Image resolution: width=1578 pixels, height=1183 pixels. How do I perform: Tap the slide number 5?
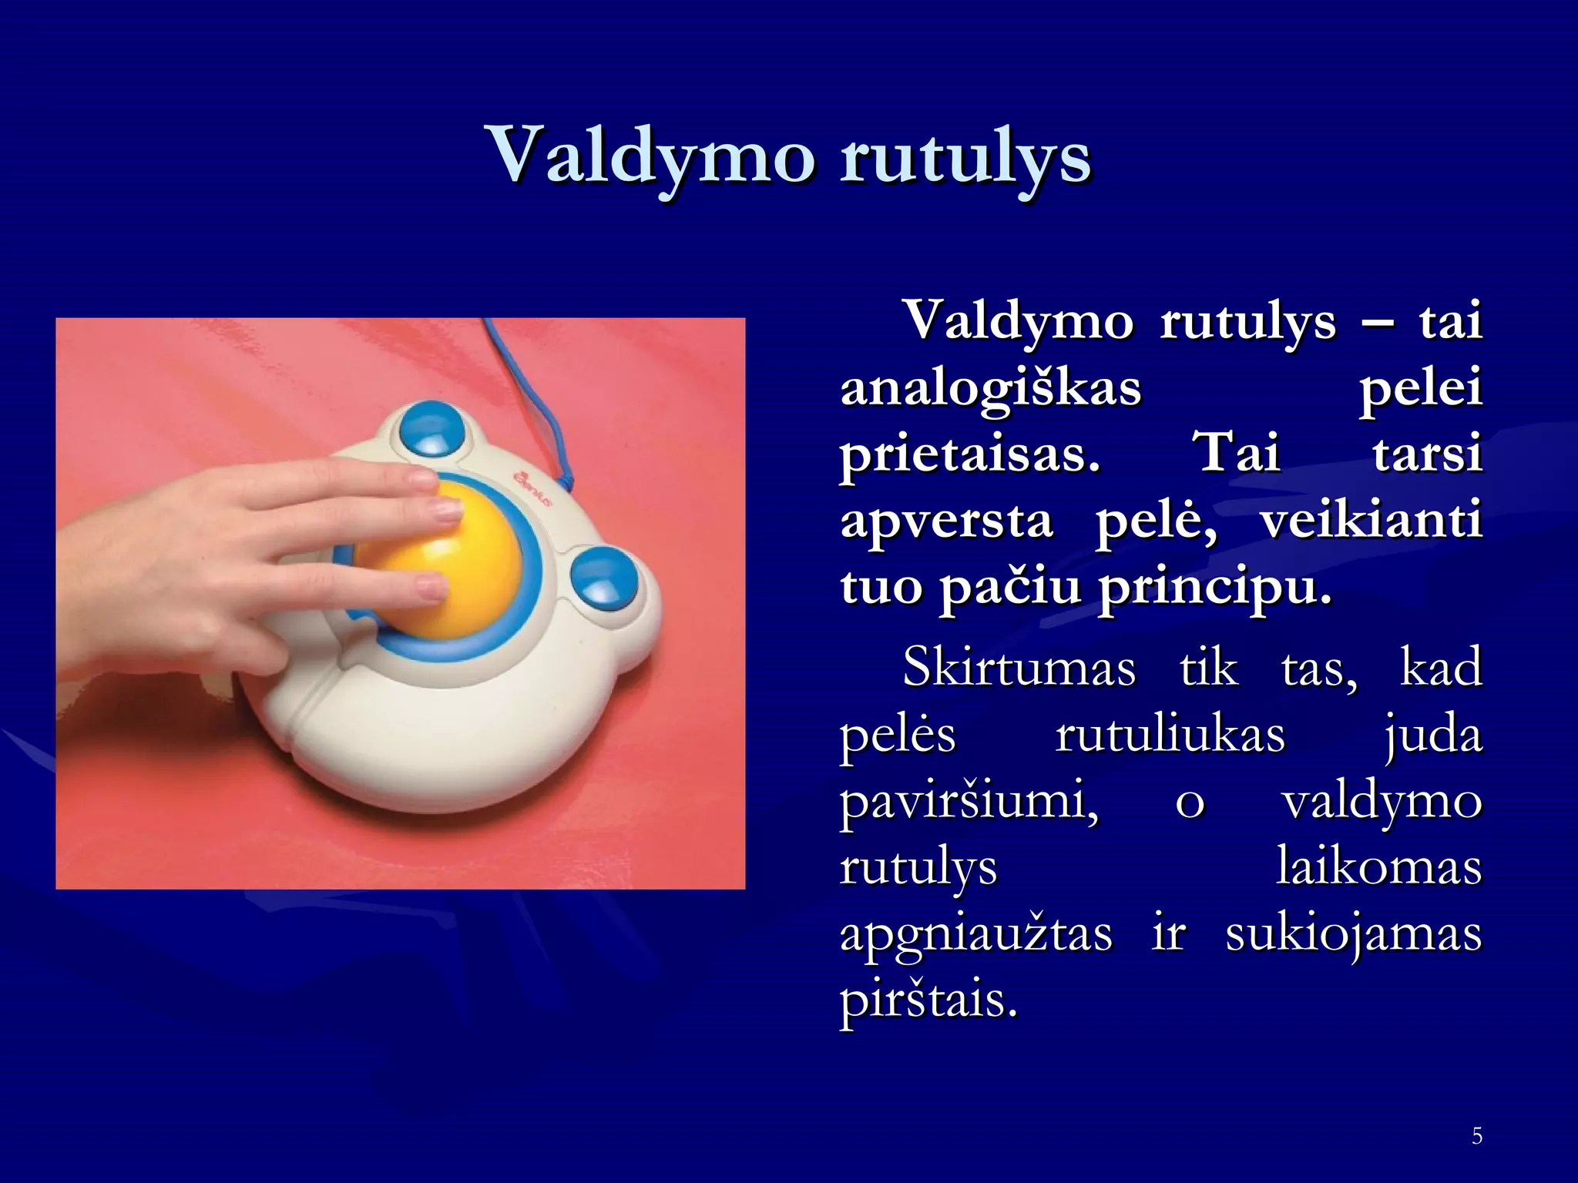pyautogui.click(x=1476, y=1136)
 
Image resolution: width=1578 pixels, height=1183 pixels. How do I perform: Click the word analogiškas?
pyautogui.click(x=991, y=387)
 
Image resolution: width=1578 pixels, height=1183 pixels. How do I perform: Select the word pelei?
pyautogui.click(x=1420, y=387)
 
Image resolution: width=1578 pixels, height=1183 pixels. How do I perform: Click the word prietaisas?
pyautogui.click(x=970, y=454)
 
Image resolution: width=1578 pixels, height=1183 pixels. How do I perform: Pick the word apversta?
pyautogui.click(x=946, y=521)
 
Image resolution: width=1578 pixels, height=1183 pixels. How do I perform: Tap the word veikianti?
pyautogui.click(x=1371, y=521)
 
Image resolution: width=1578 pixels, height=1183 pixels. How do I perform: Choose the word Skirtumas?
pyautogui.click(x=1019, y=667)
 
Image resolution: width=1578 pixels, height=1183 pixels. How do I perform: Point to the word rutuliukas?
pyautogui.click(x=1170, y=734)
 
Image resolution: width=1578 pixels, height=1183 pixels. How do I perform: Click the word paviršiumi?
pyautogui.click(x=969, y=801)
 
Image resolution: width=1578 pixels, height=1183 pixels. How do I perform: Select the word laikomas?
pyautogui.click(x=1378, y=867)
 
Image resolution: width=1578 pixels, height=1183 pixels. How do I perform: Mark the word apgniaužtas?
pyautogui.click(x=975, y=935)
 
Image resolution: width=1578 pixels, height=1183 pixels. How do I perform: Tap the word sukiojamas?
pyautogui.click(x=1353, y=935)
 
